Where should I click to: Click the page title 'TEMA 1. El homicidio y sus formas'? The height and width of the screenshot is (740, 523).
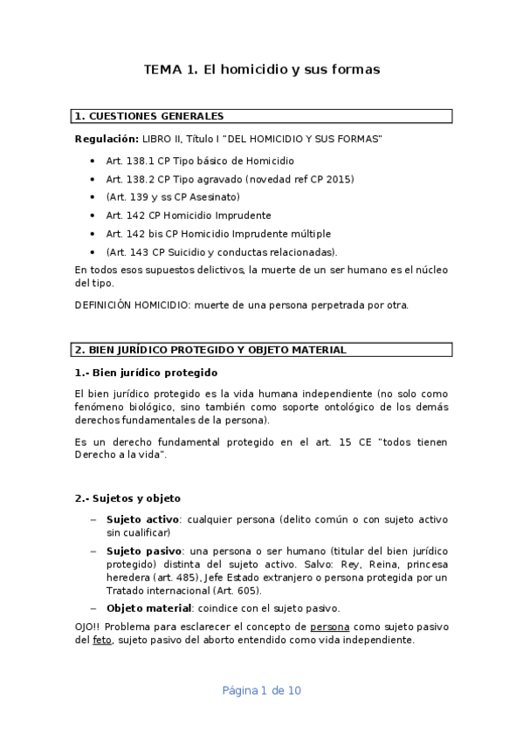261,70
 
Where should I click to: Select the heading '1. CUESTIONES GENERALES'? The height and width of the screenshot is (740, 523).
149,116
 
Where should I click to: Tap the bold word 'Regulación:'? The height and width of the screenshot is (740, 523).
107,139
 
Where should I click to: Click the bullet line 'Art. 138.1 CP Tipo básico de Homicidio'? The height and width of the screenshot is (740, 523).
200,161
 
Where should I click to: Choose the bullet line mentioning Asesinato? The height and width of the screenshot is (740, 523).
173,197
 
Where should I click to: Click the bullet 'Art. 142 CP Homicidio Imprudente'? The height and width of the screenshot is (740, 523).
189,216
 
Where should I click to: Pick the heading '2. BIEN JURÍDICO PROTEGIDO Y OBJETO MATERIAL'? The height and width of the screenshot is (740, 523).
210,350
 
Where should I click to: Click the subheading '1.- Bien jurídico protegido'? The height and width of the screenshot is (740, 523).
146,373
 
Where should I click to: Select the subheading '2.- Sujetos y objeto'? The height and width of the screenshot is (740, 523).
127,498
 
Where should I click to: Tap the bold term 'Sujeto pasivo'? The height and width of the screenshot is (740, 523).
143,552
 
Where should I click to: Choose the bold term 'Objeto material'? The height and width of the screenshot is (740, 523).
148,608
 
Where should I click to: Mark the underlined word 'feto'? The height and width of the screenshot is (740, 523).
102,640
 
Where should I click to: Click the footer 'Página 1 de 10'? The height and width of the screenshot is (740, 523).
261,690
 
